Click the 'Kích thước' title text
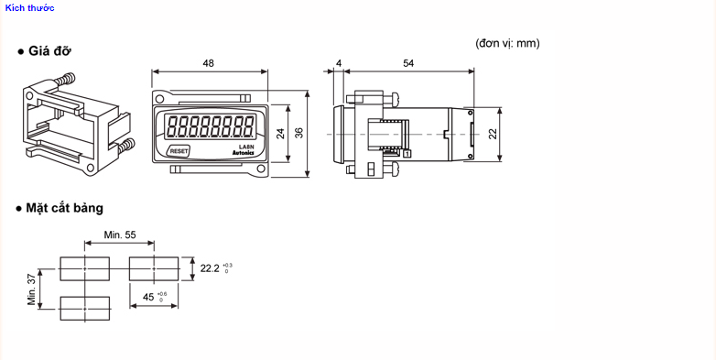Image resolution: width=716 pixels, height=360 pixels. [29, 7]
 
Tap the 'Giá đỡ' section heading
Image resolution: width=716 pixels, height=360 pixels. [49, 50]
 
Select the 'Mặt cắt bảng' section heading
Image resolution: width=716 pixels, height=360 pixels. [64, 208]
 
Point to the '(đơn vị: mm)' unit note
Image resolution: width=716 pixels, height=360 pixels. [507, 43]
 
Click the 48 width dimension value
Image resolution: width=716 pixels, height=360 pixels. [208, 63]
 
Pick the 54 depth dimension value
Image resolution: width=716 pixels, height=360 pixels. [408, 63]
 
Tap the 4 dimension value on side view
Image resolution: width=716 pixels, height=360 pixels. [338, 63]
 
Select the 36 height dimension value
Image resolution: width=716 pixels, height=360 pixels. [298, 133]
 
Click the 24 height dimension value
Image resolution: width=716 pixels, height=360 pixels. [281, 133]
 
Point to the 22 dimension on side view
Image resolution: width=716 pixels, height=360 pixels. [493, 134]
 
